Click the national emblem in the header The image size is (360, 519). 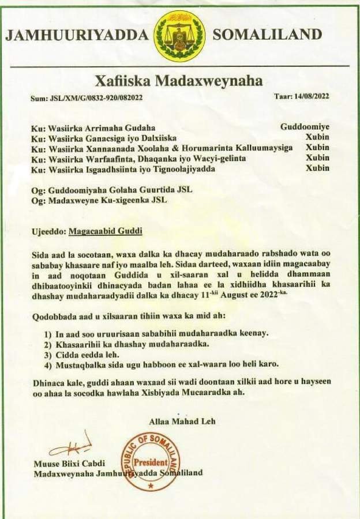(179, 36)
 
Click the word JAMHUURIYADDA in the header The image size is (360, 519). (77, 35)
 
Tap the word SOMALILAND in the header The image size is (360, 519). (267, 35)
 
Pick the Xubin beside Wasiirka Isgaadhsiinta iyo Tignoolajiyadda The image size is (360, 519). (317, 168)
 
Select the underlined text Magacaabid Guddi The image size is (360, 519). (105, 232)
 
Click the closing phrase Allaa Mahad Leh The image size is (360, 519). (182, 422)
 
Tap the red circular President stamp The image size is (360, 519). (151, 462)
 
